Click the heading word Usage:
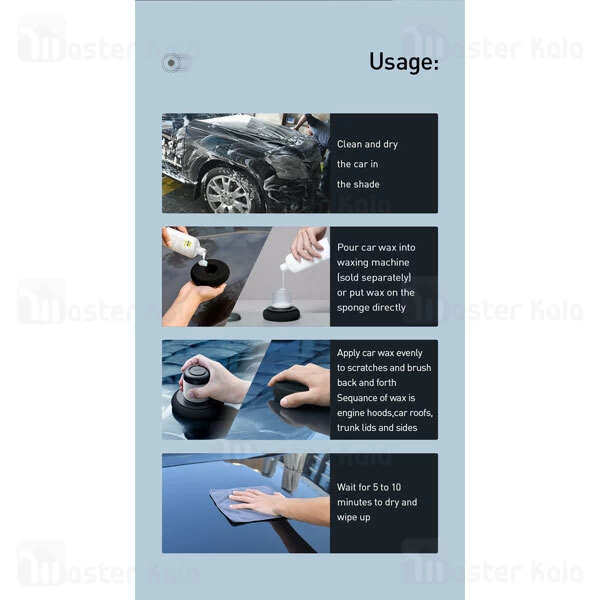pos(403,63)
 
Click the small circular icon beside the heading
pos(171,63)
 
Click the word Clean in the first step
pos(351,144)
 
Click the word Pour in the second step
pos(348,247)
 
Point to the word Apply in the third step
pos(351,353)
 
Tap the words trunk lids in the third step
pos(360,428)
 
